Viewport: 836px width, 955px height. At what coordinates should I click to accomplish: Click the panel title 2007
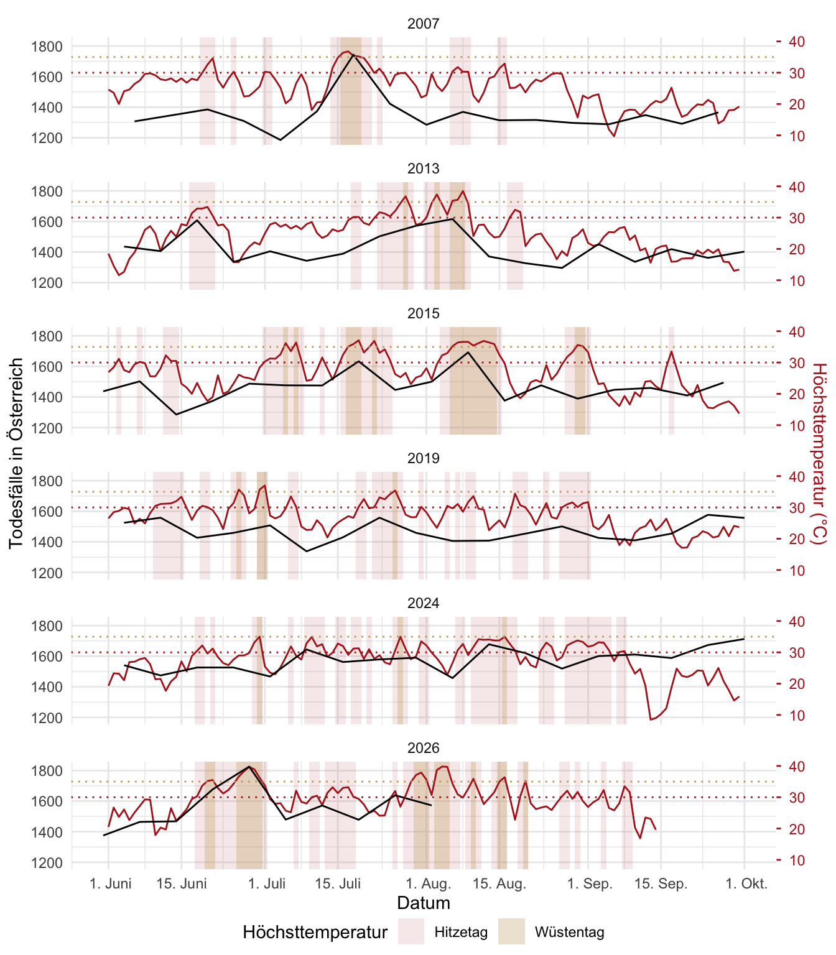[423, 24]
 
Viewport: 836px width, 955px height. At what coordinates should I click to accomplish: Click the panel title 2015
[423, 313]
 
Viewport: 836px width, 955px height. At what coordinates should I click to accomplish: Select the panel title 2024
[423, 603]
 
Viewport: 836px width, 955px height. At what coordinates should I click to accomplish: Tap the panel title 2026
[423, 748]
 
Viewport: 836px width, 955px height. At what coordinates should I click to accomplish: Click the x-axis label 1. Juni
[111, 883]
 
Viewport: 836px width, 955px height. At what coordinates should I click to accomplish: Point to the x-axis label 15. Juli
[338, 883]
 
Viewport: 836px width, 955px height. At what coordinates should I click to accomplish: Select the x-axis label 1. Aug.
[429, 883]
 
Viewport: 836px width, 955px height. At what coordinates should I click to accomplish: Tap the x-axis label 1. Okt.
[746, 883]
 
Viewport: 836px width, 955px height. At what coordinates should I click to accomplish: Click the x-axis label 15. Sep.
[661, 883]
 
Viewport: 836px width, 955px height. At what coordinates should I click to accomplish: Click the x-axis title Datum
[424, 903]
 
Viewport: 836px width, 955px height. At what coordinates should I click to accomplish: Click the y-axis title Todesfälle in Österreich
[16, 453]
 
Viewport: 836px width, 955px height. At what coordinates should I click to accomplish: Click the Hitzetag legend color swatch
[411, 931]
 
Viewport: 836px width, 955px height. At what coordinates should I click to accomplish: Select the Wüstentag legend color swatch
[511, 931]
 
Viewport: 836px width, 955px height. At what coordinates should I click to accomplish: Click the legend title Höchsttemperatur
[315, 931]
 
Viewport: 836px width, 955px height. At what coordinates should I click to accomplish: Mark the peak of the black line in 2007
[353, 55]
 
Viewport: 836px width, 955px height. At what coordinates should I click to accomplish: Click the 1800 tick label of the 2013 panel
[47, 191]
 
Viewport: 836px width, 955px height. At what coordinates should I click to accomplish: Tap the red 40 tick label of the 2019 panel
[797, 476]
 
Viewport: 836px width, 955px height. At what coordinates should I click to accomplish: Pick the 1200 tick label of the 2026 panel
[47, 862]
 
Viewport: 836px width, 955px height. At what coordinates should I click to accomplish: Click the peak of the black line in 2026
[249, 767]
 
